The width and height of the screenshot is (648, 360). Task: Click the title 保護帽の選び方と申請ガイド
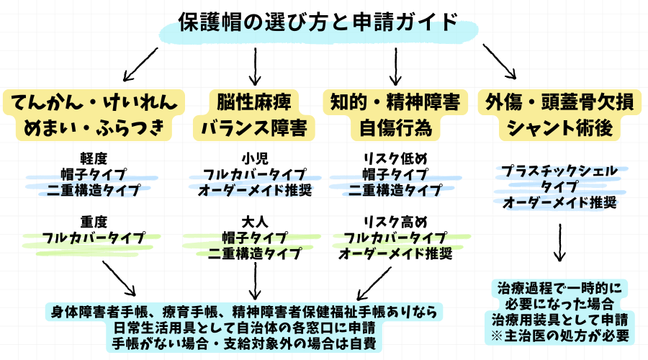tap(318, 23)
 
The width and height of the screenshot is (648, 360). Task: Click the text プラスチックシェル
tap(559, 171)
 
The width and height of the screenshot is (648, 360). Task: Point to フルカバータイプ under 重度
tap(94, 237)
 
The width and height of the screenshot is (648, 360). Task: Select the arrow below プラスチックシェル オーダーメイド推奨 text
tap(559, 246)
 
